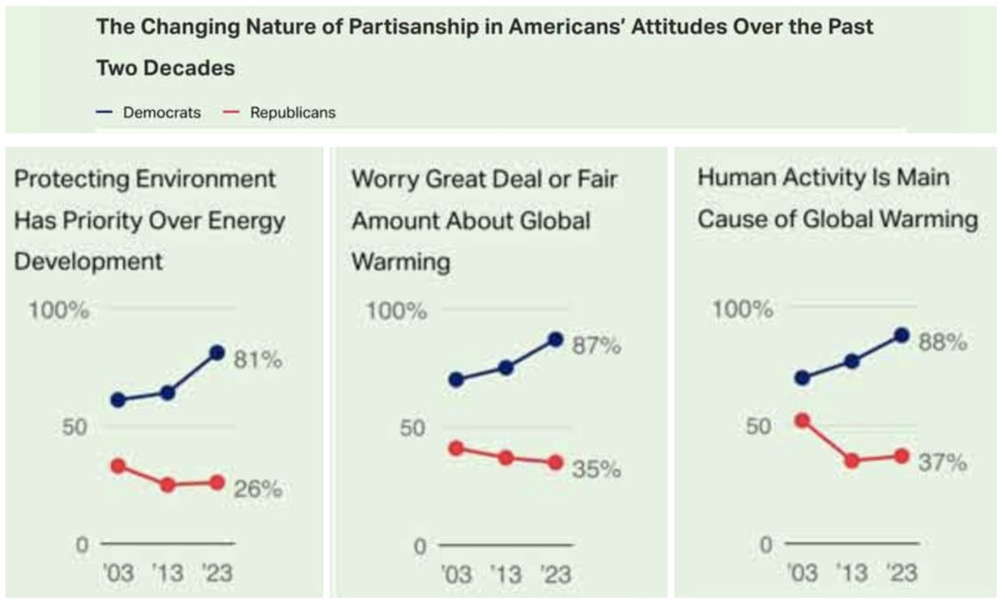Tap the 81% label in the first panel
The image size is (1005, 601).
click(257, 360)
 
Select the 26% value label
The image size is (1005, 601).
click(257, 489)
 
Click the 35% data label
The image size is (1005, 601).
click(596, 469)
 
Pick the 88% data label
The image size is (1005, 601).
click(943, 342)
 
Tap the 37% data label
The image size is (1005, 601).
click(943, 463)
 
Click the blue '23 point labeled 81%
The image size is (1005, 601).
click(216, 352)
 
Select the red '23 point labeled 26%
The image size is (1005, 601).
click(216, 482)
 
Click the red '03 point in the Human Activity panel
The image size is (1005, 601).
click(802, 420)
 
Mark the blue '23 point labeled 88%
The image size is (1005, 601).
click(901, 335)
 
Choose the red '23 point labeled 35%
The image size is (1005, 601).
click(555, 463)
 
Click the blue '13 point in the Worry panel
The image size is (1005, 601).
click(505, 367)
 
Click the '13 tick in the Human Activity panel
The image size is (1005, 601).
click(852, 572)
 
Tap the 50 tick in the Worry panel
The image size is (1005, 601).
click(408, 427)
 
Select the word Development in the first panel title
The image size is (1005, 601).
click(88, 261)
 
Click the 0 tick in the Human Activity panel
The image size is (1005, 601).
click(764, 544)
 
